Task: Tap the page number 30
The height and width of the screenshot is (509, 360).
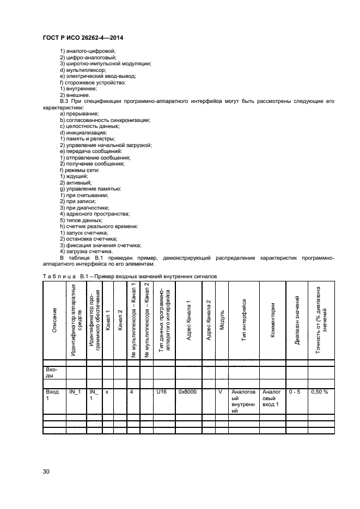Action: point(46,472)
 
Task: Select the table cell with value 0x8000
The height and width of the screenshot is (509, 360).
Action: point(188,391)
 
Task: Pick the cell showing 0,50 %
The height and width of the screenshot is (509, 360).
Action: point(319,391)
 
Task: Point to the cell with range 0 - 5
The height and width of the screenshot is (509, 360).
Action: point(295,391)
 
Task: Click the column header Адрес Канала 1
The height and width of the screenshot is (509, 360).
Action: point(188,321)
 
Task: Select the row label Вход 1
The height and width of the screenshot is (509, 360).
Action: point(52,395)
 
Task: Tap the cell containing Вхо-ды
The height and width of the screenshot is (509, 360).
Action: point(51,372)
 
